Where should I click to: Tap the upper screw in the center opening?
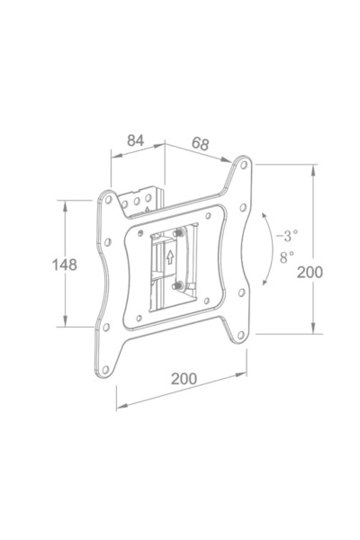pyautogui.click(x=180, y=232)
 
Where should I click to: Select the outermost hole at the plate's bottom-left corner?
pyautogui.click(x=105, y=368)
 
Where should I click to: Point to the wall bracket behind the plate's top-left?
pyautogui.click(x=144, y=199)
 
